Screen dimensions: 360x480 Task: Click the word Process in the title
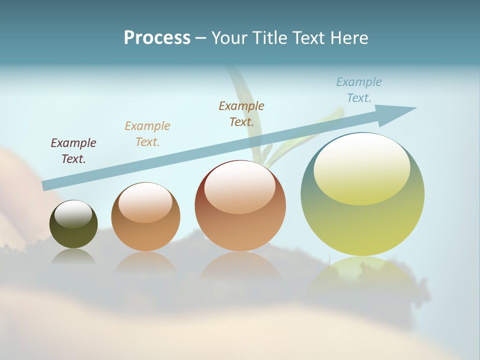pos(157,38)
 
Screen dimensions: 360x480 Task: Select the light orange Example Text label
pos(147,134)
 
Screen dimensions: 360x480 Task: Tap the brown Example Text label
pos(241,113)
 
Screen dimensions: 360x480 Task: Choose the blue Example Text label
pos(359,90)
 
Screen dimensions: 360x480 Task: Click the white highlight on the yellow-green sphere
pos(361,167)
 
